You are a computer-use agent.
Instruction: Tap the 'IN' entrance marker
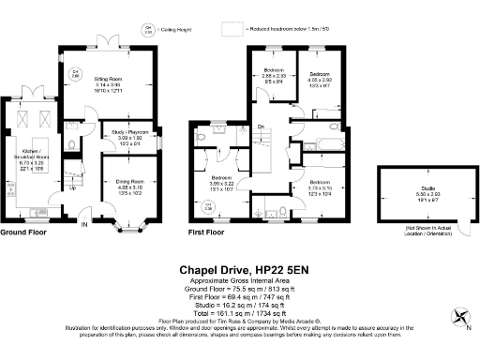83,224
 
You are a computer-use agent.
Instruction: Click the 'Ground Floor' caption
26,232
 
